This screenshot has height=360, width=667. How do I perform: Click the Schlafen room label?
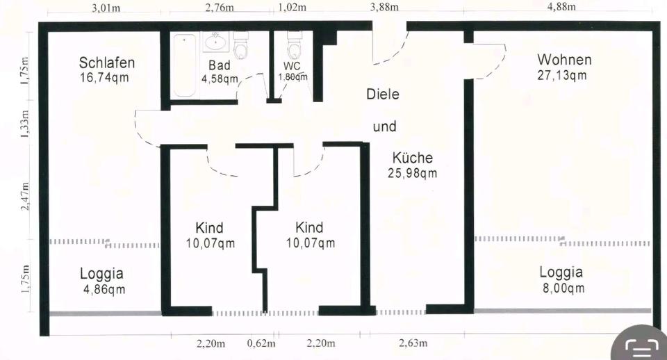pos(107,63)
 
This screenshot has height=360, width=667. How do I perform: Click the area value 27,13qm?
pos(561,75)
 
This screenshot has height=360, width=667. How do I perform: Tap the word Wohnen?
pos(564,59)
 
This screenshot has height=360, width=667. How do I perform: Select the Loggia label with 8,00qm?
pos(561,272)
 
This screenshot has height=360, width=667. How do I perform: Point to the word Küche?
pos(412,157)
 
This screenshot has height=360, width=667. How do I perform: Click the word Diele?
pos(383,94)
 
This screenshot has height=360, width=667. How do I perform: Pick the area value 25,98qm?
pos(413,173)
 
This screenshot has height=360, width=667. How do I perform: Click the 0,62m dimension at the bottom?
pos(261,343)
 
